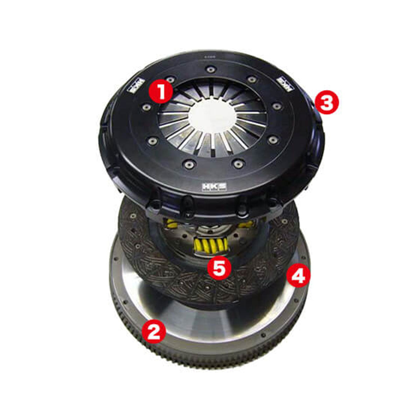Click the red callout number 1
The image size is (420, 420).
coord(161,90)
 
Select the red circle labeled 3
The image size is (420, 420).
coord(327,103)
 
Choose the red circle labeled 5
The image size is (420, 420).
coord(219,268)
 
